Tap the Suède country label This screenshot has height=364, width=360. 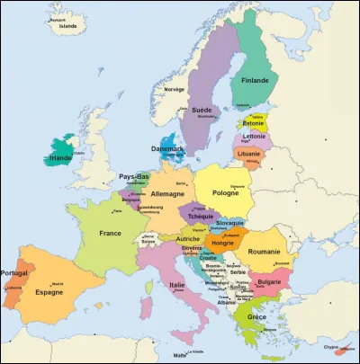(x=202, y=109)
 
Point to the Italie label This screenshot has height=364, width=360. (x=177, y=285)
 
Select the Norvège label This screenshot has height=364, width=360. (x=174, y=89)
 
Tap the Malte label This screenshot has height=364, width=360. (x=181, y=356)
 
